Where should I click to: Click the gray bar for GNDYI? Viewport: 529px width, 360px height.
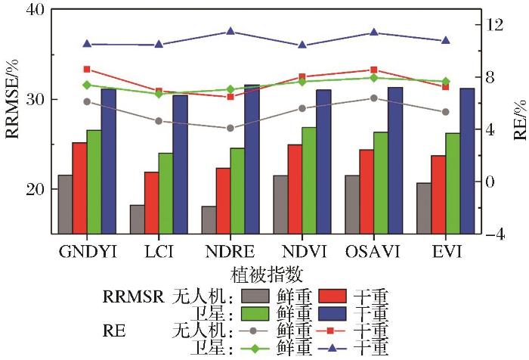click(65, 204)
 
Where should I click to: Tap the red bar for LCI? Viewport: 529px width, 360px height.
click(151, 203)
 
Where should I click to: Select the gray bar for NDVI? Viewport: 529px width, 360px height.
click(280, 204)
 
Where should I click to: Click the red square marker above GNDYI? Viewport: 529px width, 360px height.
click(86, 69)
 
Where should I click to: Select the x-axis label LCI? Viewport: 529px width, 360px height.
click(159, 250)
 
